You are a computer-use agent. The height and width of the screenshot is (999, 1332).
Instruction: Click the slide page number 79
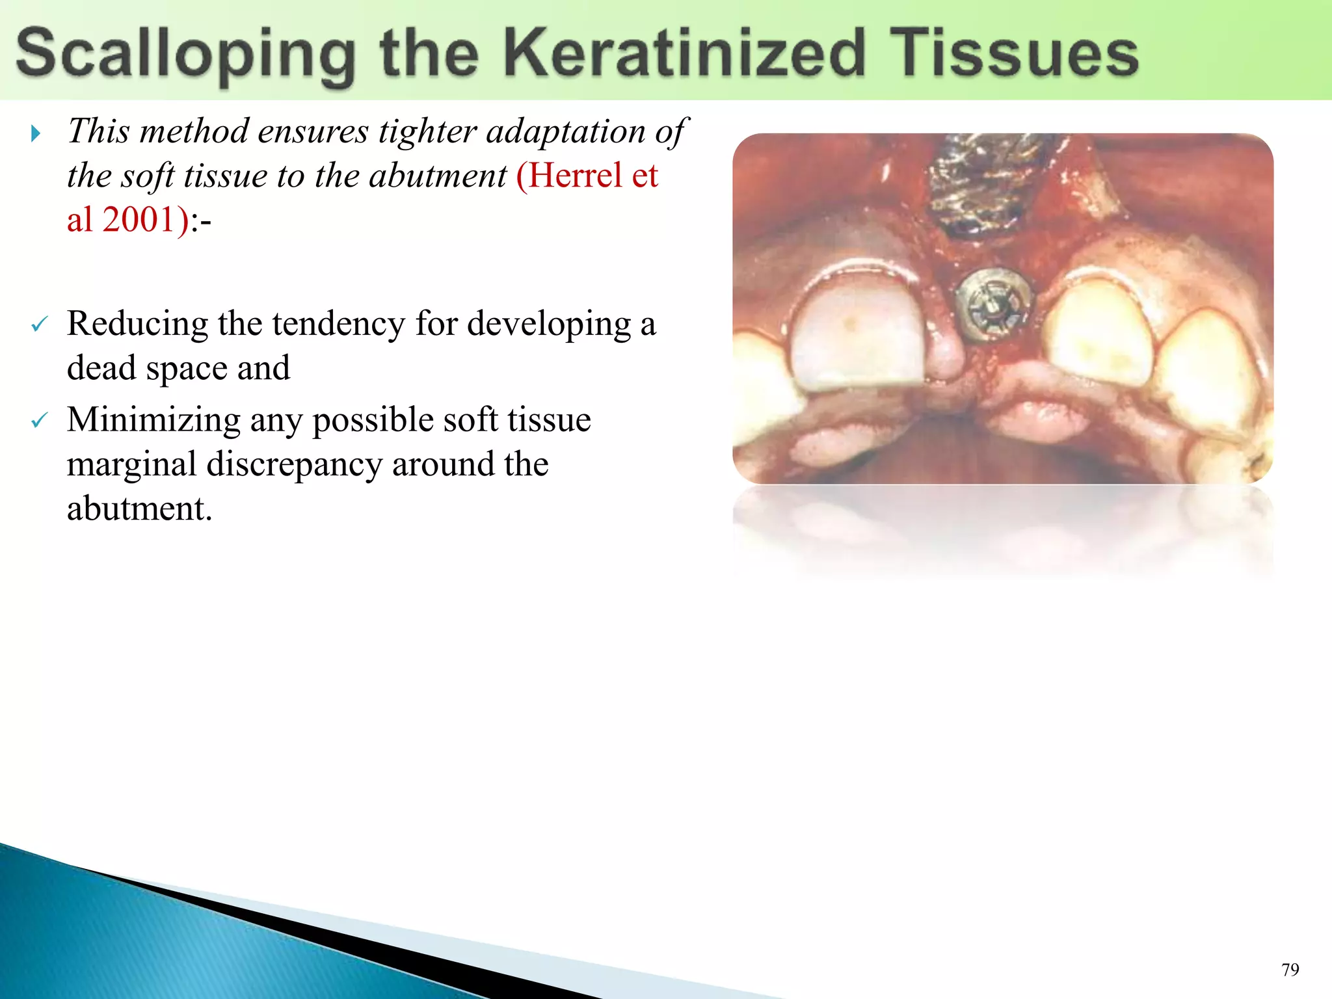tap(1290, 970)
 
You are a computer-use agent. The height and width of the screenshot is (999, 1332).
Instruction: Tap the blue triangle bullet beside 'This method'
tap(36, 134)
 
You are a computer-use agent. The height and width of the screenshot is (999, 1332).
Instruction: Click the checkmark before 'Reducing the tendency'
tap(40, 324)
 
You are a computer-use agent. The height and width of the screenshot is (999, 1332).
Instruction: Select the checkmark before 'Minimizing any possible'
tap(40, 421)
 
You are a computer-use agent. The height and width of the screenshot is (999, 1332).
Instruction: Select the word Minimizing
tap(153, 420)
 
